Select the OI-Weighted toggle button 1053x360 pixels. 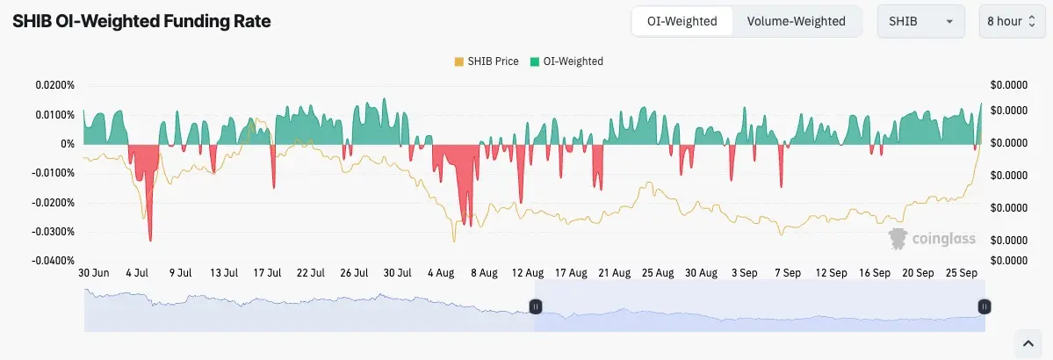point(682,21)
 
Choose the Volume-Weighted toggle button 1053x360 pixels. point(796,21)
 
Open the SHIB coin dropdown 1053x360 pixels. point(921,21)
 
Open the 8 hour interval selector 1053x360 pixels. point(1012,21)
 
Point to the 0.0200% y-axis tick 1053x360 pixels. point(54,85)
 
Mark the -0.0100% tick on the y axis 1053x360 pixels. point(53,173)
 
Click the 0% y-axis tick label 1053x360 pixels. point(67,144)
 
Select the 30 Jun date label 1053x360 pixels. point(95,273)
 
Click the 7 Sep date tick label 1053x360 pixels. point(787,273)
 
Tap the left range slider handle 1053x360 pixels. point(535,306)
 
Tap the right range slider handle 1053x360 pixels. point(985,306)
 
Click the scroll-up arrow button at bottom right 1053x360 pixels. point(1028,342)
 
